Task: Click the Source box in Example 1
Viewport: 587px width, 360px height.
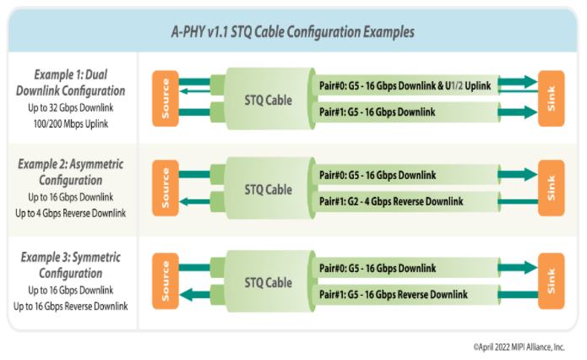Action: (x=165, y=99)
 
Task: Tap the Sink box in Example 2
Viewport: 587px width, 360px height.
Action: (x=551, y=188)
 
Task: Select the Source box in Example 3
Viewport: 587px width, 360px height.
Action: (x=165, y=281)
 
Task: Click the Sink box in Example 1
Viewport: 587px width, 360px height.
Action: (x=551, y=99)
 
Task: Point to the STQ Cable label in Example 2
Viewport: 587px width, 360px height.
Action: (x=268, y=189)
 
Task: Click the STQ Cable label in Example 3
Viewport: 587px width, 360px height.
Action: (x=268, y=282)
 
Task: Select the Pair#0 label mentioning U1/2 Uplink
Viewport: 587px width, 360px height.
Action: (x=405, y=86)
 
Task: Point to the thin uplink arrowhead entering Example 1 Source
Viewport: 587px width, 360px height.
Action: (x=183, y=91)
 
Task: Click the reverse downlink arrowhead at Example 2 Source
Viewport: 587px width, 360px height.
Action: (x=185, y=202)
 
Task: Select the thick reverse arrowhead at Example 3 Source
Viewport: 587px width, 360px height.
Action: (x=186, y=295)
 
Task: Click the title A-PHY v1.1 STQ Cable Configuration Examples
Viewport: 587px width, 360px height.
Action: (x=293, y=32)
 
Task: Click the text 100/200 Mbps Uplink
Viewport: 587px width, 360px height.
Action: (x=71, y=123)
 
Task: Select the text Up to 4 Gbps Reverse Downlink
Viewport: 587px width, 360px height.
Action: (x=71, y=213)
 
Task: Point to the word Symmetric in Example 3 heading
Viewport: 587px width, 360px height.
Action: (x=96, y=258)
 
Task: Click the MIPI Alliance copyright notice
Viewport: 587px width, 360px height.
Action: (x=519, y=347)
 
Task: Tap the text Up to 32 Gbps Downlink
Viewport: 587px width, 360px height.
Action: (x=71, y=108)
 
